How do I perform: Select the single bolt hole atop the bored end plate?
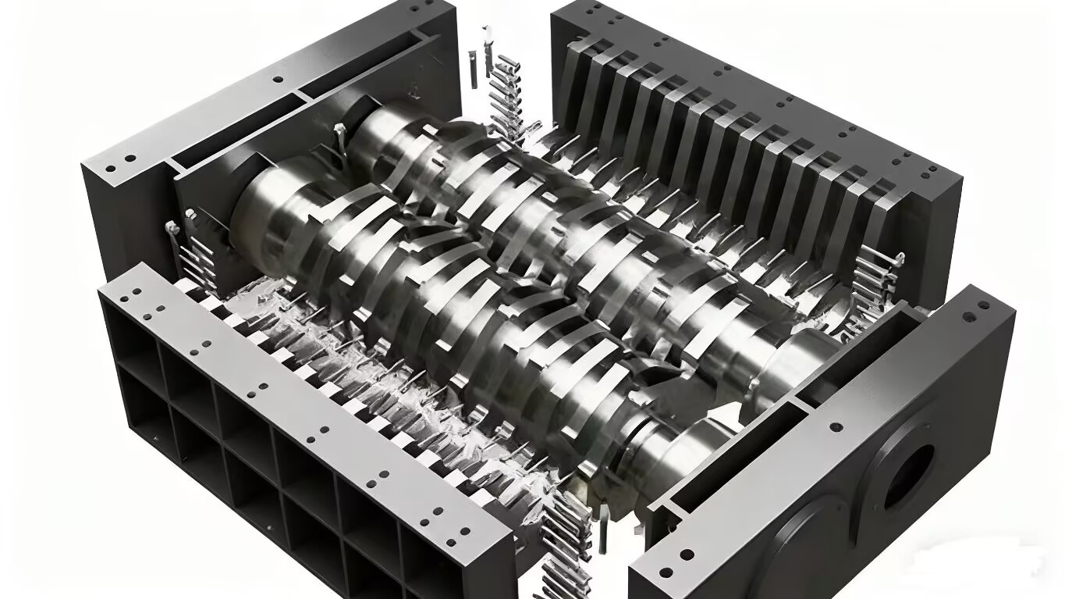coord(836,428)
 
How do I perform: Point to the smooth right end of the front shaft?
coord(687,453)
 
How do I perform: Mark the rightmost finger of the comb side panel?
coord(882,219)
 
